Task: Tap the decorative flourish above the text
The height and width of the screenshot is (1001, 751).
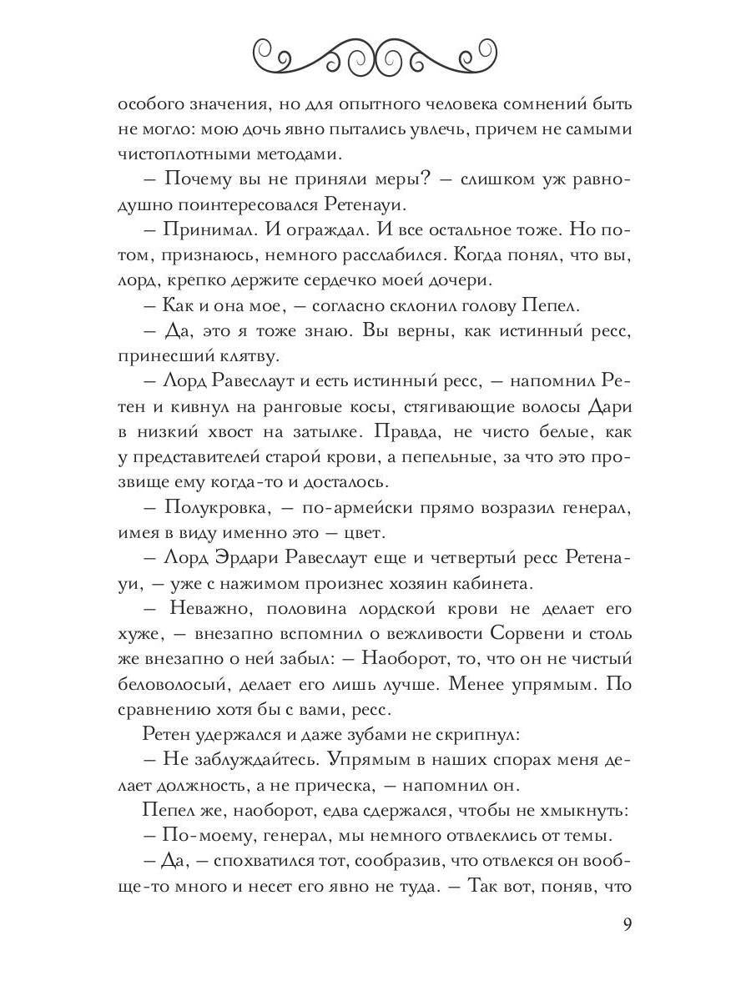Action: tap(375, 54)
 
